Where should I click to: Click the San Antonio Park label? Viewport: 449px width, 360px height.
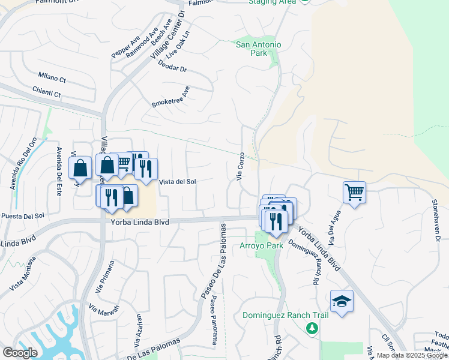(259, 49)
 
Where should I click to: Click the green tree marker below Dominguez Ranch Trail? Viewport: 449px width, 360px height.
(312, 328)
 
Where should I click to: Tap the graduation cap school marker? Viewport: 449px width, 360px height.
(342, 301)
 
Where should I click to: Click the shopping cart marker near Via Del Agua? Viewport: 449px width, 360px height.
(354, 193)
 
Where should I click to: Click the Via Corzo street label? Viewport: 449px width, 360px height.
(241, 166)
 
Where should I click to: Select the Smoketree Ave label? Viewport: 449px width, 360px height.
(170, 97)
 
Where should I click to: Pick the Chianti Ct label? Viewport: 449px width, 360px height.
(49, 94)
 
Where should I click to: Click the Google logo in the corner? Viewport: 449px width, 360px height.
(20, 352)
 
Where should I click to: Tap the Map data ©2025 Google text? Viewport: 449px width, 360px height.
(412, 355)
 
